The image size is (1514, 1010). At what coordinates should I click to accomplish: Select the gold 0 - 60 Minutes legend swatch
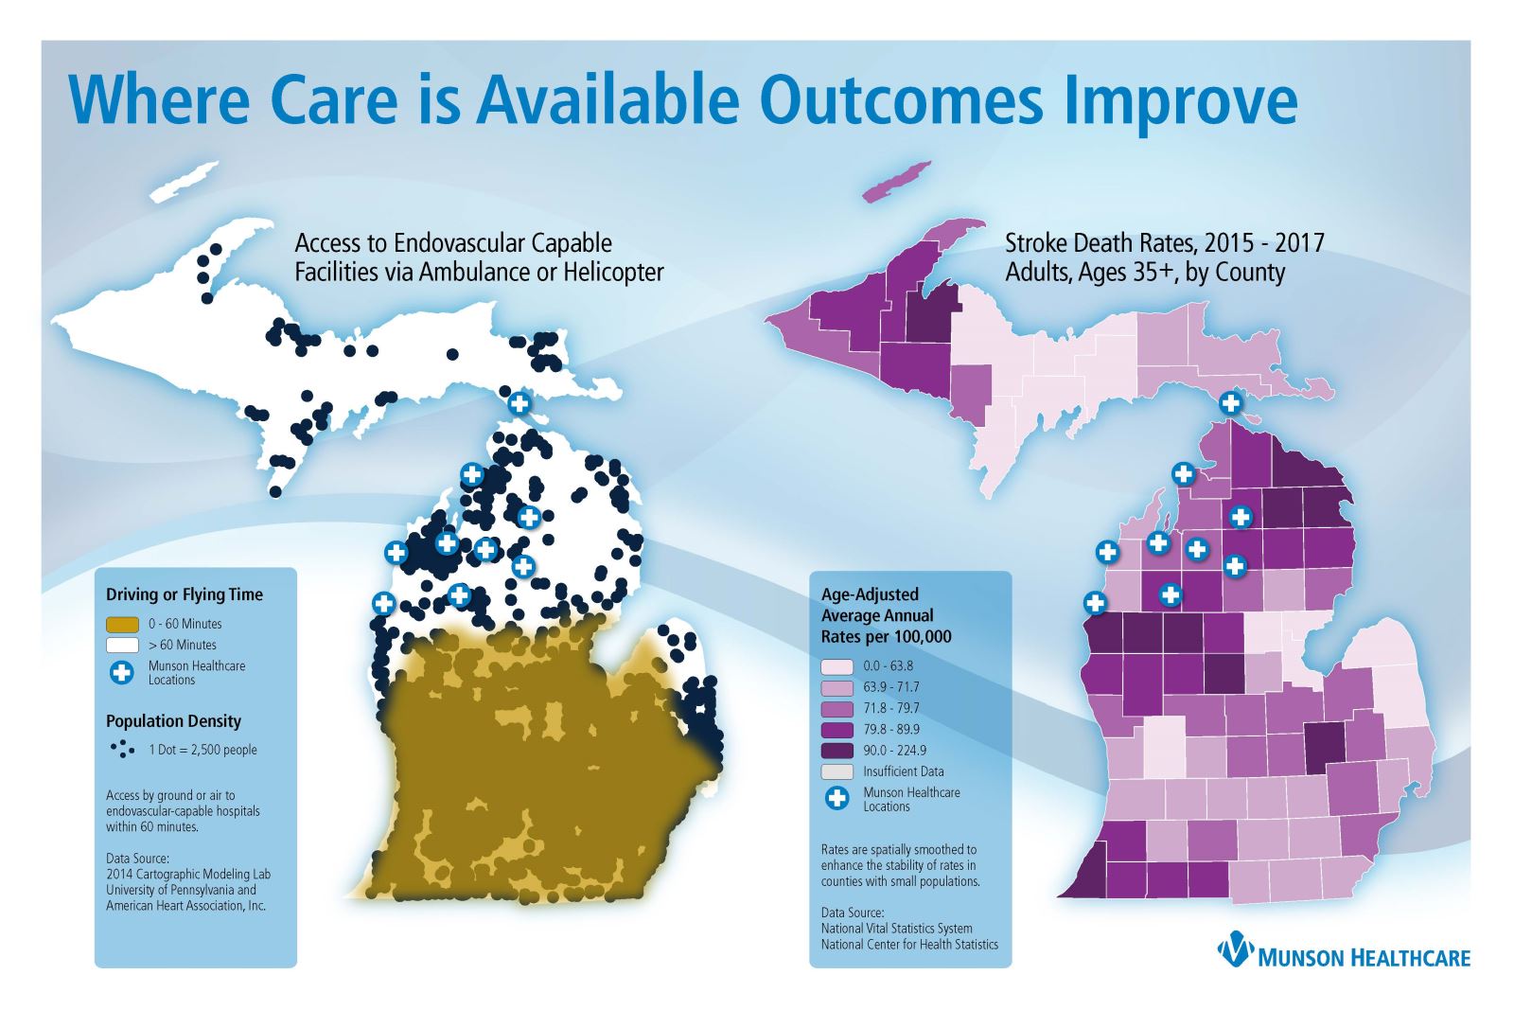(123, 624)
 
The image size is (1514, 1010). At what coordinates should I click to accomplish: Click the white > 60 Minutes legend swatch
(123, 645)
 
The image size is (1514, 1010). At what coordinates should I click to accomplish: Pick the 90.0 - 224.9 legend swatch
(836, 750)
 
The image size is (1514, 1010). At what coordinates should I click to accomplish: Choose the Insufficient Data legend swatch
(836, 771)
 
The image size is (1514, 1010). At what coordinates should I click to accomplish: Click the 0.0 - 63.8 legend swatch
(836, 666)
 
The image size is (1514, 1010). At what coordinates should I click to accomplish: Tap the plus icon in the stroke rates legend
(836, 799)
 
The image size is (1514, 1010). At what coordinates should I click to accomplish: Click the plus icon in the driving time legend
(122, 672)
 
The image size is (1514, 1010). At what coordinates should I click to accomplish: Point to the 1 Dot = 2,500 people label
(202, 750)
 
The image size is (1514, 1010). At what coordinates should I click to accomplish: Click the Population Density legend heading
(173, 720)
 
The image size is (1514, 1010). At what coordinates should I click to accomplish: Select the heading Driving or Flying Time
(184, 594)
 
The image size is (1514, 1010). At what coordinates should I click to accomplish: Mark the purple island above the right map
(899, 180)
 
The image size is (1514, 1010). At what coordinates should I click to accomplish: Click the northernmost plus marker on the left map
(519, 403)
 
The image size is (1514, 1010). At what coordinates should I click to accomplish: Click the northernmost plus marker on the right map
(1230, 402)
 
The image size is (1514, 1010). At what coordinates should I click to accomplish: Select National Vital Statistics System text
(896, 929)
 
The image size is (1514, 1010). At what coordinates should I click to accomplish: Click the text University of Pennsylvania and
(181, 890)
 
